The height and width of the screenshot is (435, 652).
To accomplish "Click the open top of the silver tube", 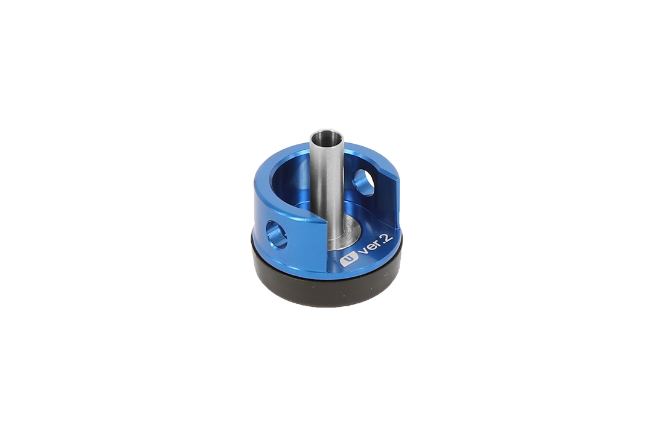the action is (x=327, y=136).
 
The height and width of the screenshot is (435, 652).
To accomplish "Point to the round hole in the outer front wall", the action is (x=276, y=234).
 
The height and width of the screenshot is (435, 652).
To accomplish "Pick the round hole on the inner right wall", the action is (x=364, y=182).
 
